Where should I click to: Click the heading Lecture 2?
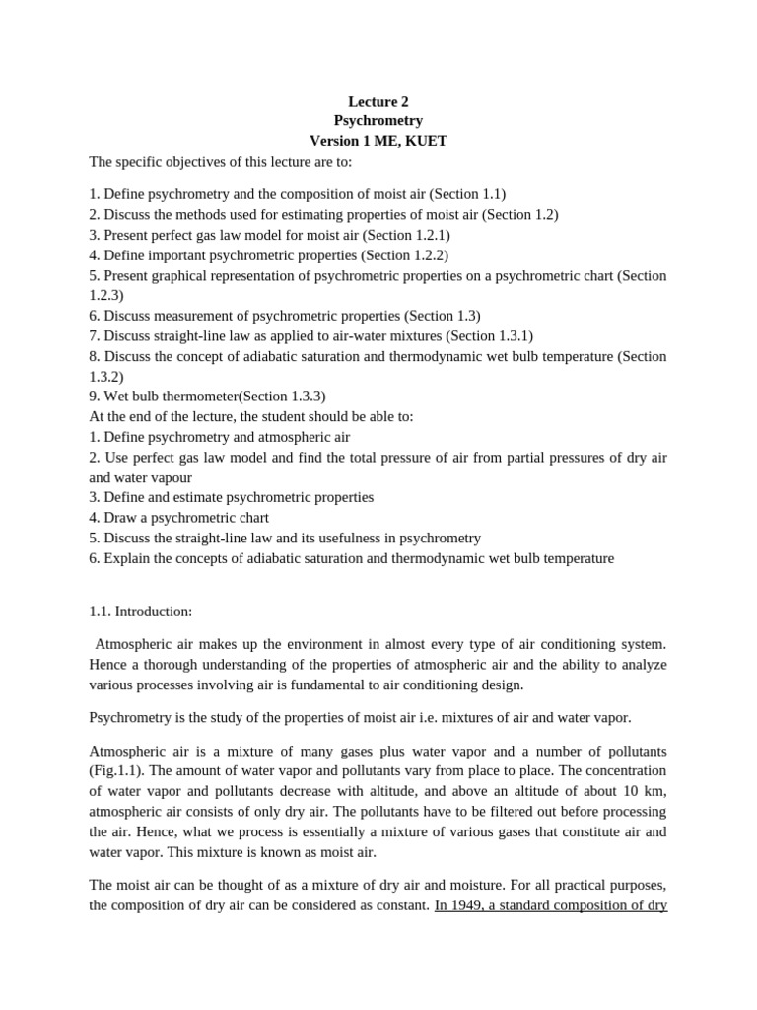pyautogui.click(x=378, y=100)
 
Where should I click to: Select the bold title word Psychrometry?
pyautogui.click(x=378, y=120)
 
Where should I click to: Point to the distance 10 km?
pyautogui.click(x=633, y=792)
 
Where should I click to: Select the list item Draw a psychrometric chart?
pyautogui.click(x=186, y=517)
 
